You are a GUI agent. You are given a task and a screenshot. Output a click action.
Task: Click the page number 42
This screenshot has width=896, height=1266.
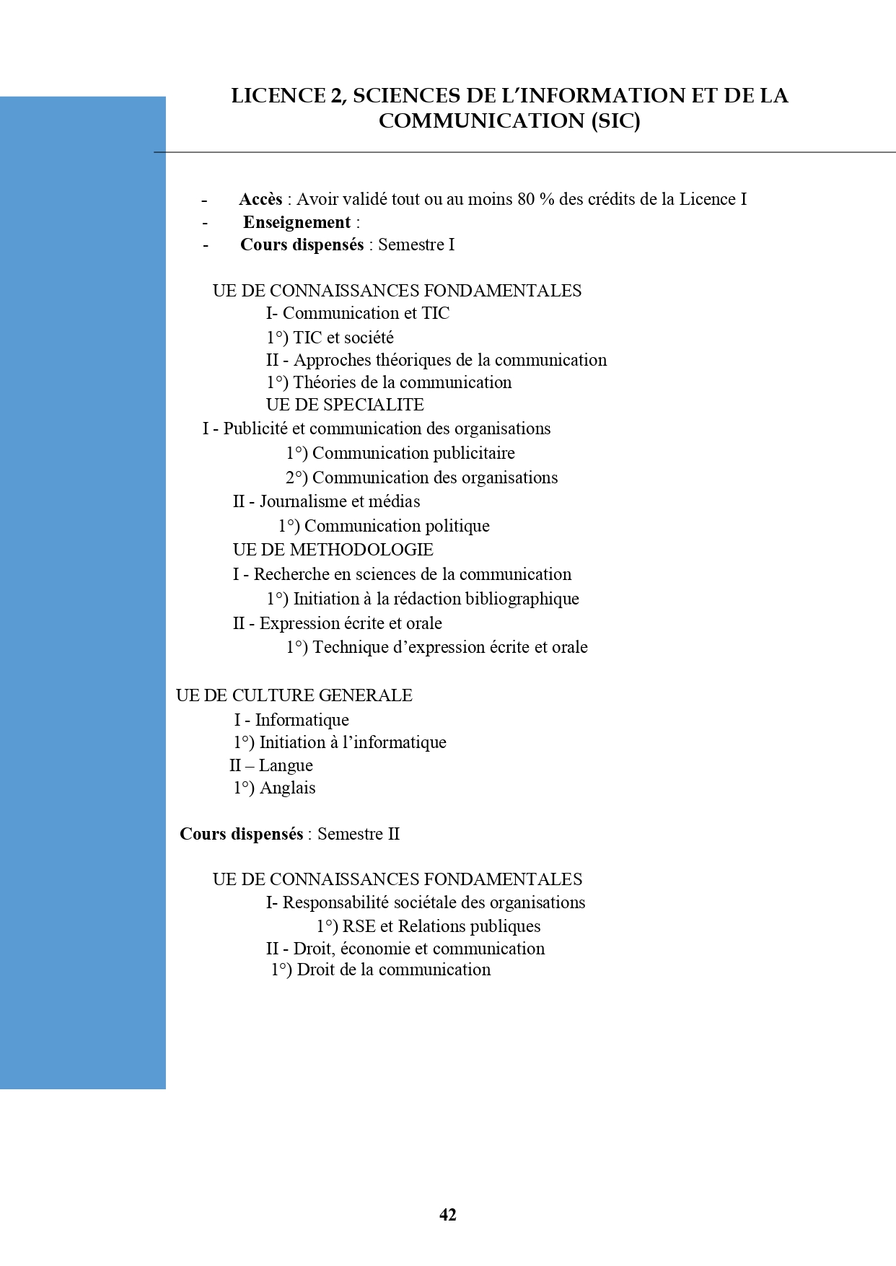[447, 1215]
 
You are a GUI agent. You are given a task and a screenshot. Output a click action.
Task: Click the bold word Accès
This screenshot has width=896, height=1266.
[260, 199]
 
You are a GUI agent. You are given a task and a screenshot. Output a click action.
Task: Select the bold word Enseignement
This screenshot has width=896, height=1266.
[297, 222]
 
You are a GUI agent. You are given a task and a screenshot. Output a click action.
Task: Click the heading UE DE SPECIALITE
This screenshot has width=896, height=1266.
[345, 405]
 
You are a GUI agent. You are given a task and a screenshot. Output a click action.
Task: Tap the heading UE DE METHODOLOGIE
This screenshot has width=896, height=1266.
[333, 550]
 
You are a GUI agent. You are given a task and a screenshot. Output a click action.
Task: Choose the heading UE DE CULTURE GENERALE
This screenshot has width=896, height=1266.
[294, 695]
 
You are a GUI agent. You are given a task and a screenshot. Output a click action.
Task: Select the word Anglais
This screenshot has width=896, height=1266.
[287, 788]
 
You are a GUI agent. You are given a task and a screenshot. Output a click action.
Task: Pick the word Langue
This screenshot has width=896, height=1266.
[286, 765]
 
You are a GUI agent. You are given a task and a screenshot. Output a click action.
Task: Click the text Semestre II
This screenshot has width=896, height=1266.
[359, 834]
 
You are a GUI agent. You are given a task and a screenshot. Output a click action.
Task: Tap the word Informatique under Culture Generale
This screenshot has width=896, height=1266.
[302, 720]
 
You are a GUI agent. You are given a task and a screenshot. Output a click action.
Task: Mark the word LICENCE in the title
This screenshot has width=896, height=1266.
[278, 96]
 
